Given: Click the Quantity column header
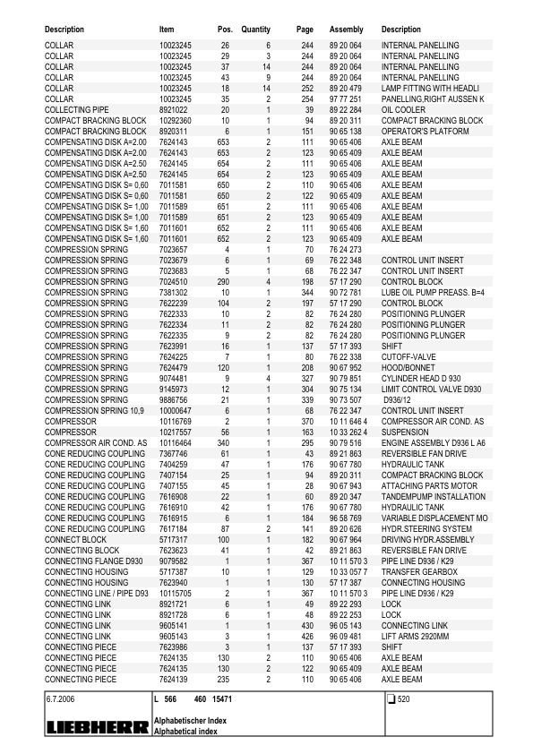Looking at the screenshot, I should [255, 30].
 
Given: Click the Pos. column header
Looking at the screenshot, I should [225, 30].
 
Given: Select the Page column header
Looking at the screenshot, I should [305, 30].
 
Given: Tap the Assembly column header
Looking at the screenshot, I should [346, 30].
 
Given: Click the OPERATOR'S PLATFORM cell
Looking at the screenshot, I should [425, 132].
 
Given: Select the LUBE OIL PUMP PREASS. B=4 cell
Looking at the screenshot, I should [433, 293].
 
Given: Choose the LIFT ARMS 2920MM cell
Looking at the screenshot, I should [420, 638].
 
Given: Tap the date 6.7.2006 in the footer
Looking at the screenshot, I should [59, 698].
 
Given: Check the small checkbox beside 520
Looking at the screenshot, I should [391, 698].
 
